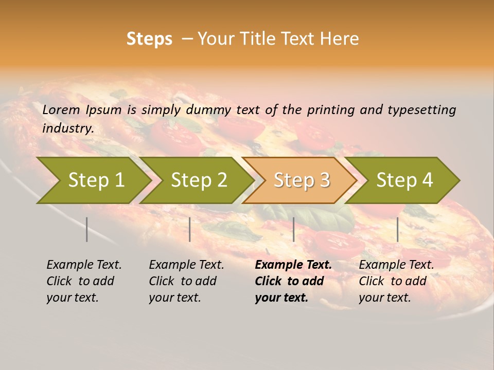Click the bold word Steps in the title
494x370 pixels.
(x=149, y=39)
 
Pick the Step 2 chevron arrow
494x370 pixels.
(x=198, y=180)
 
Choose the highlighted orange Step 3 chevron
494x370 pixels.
(x=301, y=180)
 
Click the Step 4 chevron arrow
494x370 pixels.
(x=404, y=180)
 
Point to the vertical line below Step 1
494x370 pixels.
(x=86, y=229)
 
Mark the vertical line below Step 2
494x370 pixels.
(x=189, y=229)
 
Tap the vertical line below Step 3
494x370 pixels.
(x=293, y=229)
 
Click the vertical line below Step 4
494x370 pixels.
(x=397, y=229)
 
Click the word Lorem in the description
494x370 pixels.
(x=61, y=109)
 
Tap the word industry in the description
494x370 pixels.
(x=68, y=128)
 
